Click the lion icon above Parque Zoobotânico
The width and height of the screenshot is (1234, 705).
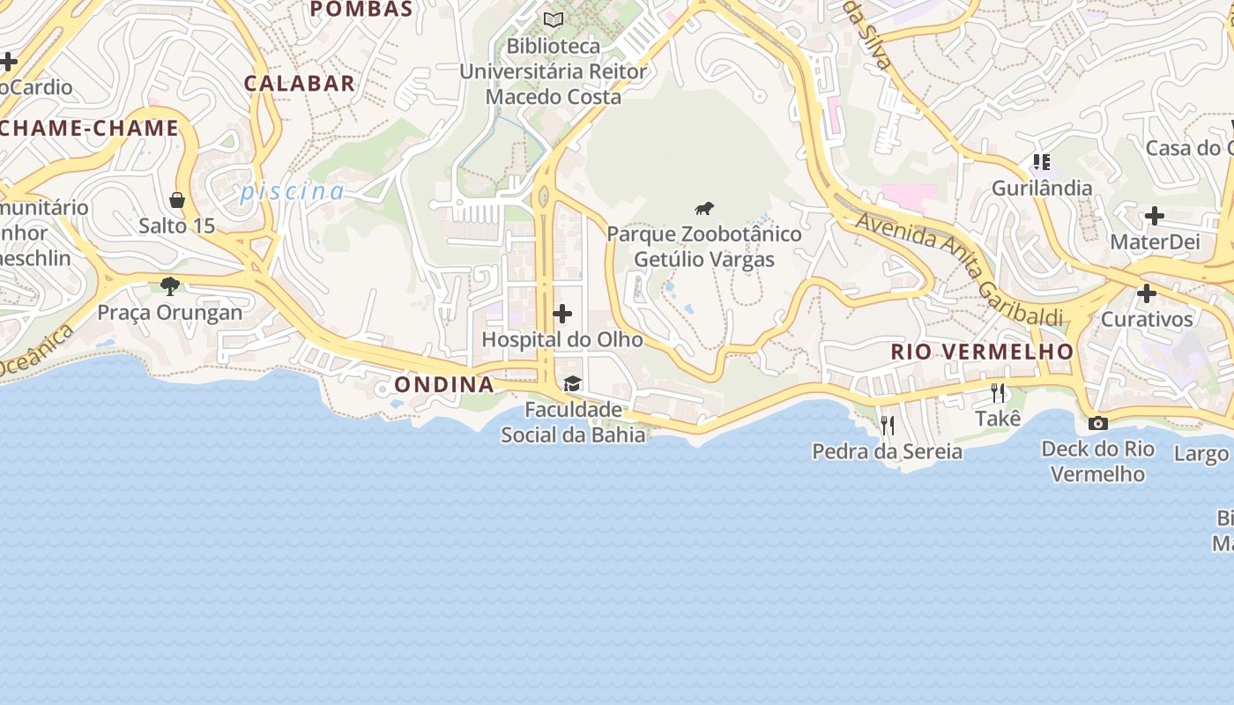pyautogui.click(x=703, y=209)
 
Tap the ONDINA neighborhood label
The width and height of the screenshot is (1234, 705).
pyautogui.click(x=443, y=384)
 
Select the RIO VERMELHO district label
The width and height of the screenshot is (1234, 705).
pyautogui.click(x=982, y=352)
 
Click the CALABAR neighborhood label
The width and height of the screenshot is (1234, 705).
pyautogui.click(x=300, y=84)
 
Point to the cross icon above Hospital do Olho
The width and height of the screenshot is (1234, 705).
pyautogui.click(x=562, y=314)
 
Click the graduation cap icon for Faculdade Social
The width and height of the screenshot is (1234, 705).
pyautogui.click(x=572, y=383)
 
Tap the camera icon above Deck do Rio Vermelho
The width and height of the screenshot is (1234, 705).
pyautogui.click(x=1097, y=423)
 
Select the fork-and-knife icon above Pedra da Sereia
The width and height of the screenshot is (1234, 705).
pyautogui.click(x=888, y=426)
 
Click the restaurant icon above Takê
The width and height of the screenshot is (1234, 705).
pyautogui.click(x=998, y=393)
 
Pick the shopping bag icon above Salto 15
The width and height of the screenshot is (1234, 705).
pyautogui.click(x=177, y=200)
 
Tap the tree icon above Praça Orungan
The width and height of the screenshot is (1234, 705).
pyautogui.click(x=170, y=286)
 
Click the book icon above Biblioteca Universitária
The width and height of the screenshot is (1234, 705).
pyautogui.click(x=554, y=19)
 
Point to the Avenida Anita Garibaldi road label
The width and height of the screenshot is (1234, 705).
pyautogui.click(x=959, y=269)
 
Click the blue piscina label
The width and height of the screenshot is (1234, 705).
pyautogui.click(x=293, y=191)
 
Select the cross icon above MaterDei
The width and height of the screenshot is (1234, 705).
pyautogui.click(x=1154, y=216)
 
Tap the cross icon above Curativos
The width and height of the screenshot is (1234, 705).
pyautogui.click(x=1147, y=293)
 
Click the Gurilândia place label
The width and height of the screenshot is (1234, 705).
pyautogui.click(x=1042, y=188)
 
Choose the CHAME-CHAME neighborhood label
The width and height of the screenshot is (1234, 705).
pyautogui.click(x=90, y=129)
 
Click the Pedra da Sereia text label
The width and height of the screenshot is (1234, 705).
pyautogui.click(x=887, y=452)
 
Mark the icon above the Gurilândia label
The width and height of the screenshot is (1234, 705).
pyautogui.click(x=1042, y=162)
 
